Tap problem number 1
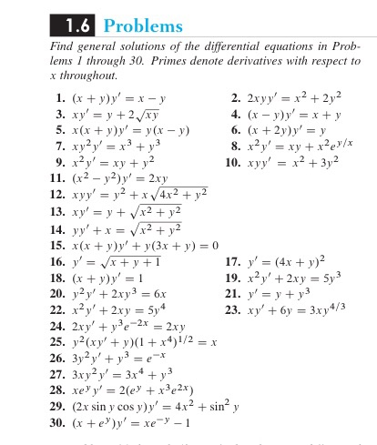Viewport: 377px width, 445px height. pyautogui.click(x=57, y=97)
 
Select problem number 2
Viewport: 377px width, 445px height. pyautogui.click(x=235, y=97)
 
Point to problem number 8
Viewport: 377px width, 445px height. pyautogui.click(x=235, y=147)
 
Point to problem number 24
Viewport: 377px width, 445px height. pyautogui.click(x=55, y=326)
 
